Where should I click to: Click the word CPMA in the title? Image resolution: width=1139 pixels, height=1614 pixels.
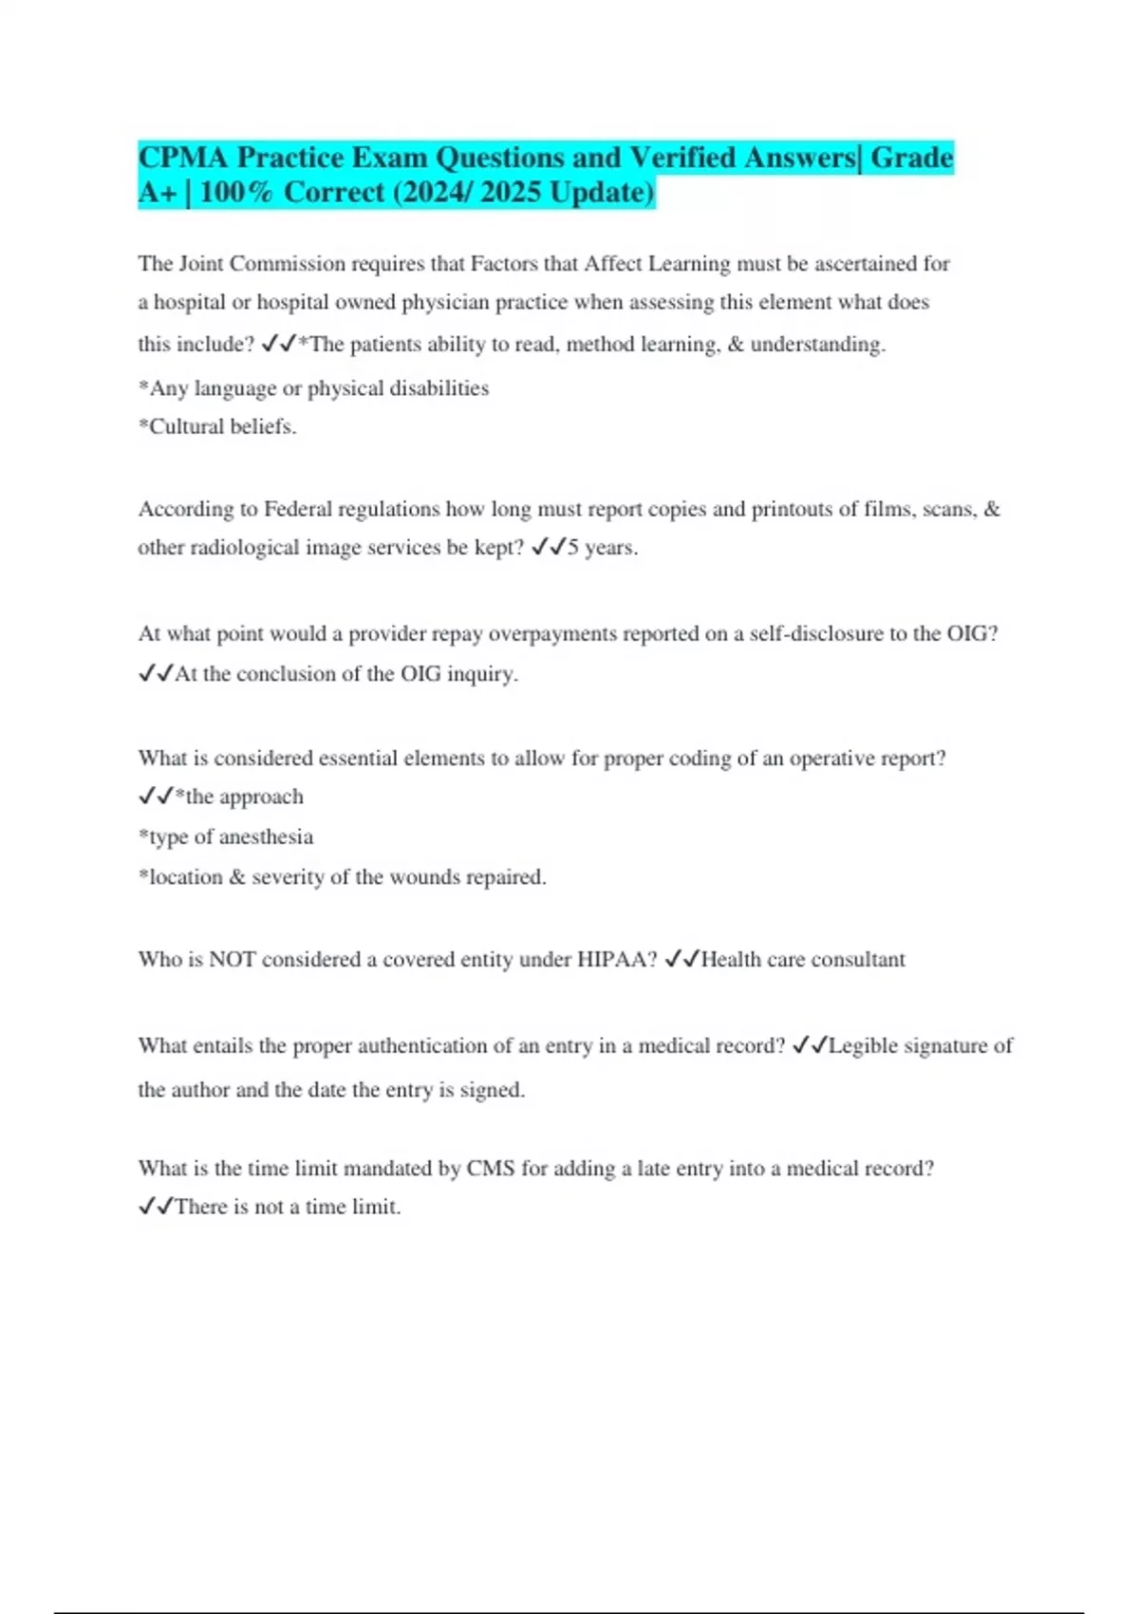click(x=183, y=158)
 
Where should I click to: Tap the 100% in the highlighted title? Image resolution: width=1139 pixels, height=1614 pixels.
click(x=236, y=193)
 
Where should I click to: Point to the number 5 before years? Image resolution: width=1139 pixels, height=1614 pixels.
click(x=573, y=548)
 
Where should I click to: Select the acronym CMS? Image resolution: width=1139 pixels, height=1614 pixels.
click(x=490, y=1169)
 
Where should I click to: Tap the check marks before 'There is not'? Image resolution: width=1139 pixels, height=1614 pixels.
click(x=156, y=1207)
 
